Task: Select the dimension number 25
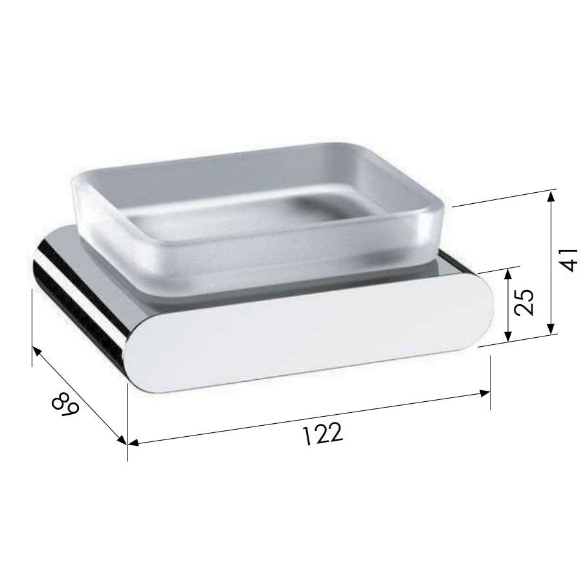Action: tap(524, 302)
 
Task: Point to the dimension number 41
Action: tap(569, 260)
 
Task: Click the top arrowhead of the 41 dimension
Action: tap(550, 196)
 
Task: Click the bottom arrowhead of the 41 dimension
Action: tap(550, 329)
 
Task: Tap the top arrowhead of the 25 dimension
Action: tap(507, 274)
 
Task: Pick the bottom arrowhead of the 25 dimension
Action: tap(507, 336)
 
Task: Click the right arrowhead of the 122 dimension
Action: tap(485, 393)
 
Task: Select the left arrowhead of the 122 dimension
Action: tap(133, 443)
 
